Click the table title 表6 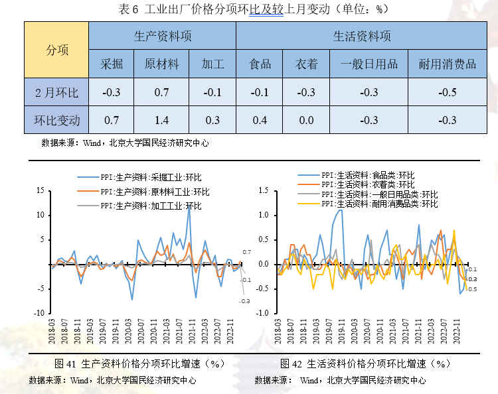[249, 9]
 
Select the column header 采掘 [112, 64]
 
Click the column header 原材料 [161, 64]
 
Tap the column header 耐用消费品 [448, 64]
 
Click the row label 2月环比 [56, 92]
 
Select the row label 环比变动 [56, 120]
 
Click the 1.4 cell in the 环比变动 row [161, 120]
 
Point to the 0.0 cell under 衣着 [306, 120]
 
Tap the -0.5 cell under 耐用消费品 [448, 92]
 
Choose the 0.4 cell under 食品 [260, 120]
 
